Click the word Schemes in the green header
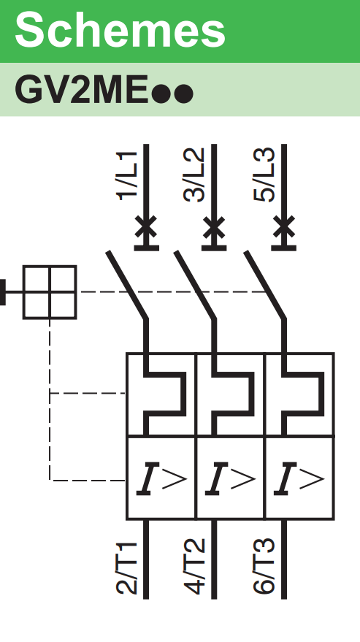click(120, 29)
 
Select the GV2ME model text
click(81, 90)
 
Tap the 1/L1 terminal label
click(127, 176)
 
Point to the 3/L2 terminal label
click(194, 175)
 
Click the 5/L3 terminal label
click(264, 175)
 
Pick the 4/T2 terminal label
click(194, 567)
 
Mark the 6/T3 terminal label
click(264, 567)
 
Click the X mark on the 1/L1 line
click(146, 227)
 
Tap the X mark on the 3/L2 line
click(214, 227)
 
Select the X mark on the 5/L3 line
click(284, 227)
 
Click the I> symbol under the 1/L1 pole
click(162, 478)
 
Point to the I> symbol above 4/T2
click(231, 478)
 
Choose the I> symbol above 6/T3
click(299, 478)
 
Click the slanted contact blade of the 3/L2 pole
click(195, 285)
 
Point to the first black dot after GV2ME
click(161, 93)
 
